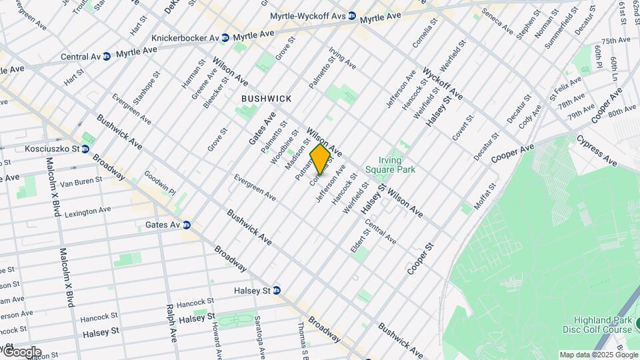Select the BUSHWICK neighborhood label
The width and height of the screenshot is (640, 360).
click(x=266, y=99)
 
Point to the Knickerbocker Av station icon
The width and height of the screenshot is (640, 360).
click(x=225, y=38)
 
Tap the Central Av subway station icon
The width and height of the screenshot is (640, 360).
click(x=107, y=57)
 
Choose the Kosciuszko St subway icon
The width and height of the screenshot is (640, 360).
click(x=85, y=149)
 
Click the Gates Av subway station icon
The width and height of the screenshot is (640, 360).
click(x=187, y=225)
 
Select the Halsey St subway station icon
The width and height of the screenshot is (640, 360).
click(x=276, y=291)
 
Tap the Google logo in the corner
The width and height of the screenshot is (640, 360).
click(x=21, y=352)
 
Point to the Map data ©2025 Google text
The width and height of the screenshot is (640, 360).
click(x=598, y=355)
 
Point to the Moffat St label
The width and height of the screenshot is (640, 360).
click(x=483, y=197)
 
